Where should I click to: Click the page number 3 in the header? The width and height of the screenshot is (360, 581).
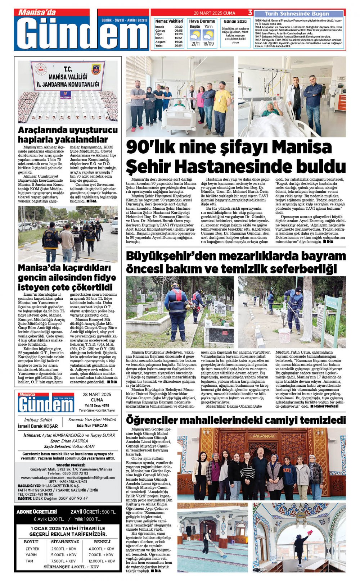[x=250, y=13]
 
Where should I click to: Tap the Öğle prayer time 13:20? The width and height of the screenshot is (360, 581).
[x=178, y=34]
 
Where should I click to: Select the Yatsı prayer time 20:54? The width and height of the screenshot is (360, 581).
[x=178, y=46]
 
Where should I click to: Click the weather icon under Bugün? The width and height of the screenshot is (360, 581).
[x=195, y=35]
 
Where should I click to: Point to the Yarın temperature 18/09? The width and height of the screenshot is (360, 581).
[x=208, y=44]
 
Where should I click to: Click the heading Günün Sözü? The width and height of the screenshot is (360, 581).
[x=235, y=22]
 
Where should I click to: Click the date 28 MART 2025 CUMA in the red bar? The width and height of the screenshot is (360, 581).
[x=214, y=13]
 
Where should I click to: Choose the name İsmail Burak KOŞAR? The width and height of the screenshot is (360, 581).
[x=38, y=426]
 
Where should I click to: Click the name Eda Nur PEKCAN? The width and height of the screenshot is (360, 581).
[x=92, y=425]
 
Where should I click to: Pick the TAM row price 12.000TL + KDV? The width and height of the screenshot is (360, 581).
[x=102, y=561]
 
